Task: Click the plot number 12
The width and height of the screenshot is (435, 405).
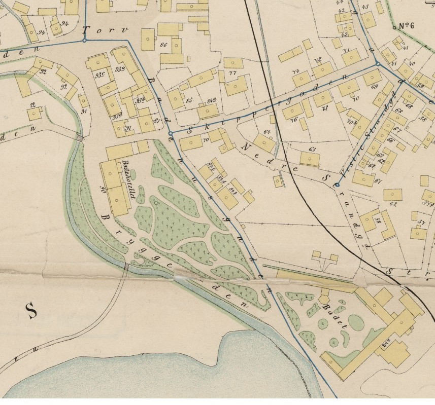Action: [x=33, y=105]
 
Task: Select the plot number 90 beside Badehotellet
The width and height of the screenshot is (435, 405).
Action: [x=103, y=190]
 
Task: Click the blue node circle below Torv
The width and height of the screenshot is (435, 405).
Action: [x=84, y=41]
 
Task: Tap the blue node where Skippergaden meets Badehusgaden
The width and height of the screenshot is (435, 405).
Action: [x=171, y=134]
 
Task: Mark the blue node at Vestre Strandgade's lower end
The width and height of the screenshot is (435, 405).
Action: [x=337, y=185]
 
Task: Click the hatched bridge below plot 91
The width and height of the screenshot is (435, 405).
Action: [x=80, y=138]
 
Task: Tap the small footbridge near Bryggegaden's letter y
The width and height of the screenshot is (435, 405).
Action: [x=126, y=267]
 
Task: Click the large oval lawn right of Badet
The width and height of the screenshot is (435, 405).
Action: [x=356, y=322]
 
